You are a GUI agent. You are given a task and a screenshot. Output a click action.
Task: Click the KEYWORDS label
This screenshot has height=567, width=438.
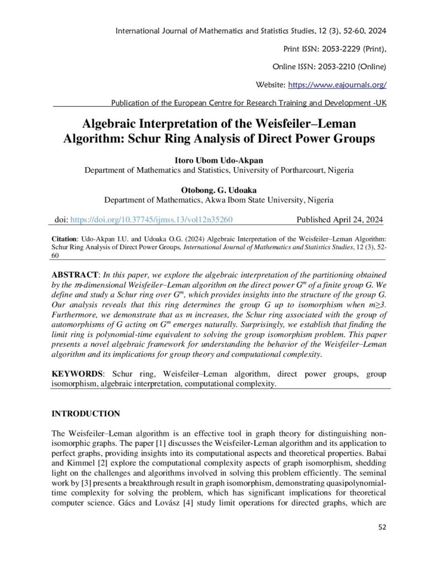pos(76,375)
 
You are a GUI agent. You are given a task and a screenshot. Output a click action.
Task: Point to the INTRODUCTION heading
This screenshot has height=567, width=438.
pos(86,414)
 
